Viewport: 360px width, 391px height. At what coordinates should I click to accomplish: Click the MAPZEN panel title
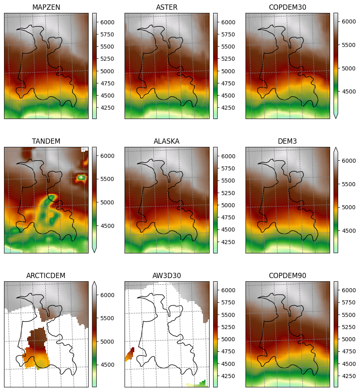click(x=46, y=7)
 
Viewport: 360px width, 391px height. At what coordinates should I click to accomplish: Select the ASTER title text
click(x=167, y=7)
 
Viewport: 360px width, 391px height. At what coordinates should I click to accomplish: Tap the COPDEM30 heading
click(x=288, y=7)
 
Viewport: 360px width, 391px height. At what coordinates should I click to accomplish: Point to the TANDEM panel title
click(x=46, y=141)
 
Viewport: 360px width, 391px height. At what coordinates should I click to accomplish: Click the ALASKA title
click(x=167, y=141)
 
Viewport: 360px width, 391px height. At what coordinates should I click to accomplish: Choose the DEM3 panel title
click(x=288, y=141)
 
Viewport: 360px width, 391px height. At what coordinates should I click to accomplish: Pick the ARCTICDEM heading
click(x=46, y=276)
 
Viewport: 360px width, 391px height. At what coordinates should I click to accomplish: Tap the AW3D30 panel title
click(x=167, y=276)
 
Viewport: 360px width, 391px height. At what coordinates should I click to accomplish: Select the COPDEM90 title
click(x=288, y=276)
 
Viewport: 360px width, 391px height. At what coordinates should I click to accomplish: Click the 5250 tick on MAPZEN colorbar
click(x=107, y=59)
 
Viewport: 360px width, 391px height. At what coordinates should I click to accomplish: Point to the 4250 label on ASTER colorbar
click(x=228, y=108)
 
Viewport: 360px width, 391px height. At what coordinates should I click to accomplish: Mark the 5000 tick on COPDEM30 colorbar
click(x=349, y=68)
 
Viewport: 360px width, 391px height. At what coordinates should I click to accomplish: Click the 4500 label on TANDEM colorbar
click(x=107, y=226)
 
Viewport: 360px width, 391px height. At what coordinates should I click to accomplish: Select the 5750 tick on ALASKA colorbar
click(x=228, y=168)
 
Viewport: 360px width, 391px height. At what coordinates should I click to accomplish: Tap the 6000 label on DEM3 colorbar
click(x=349, y=161)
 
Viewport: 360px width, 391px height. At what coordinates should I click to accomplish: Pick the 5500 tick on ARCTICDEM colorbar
click(x=107, y=319)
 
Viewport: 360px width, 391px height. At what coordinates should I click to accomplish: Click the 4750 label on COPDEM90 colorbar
click(x=349, y=351)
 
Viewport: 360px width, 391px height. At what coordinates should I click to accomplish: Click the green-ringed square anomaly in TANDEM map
click(x=81, y=178)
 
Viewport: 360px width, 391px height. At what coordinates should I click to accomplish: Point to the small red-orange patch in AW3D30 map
click(x=130, y=354)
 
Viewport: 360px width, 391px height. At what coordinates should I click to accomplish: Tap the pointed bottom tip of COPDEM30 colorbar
click(x=336, y=118)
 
